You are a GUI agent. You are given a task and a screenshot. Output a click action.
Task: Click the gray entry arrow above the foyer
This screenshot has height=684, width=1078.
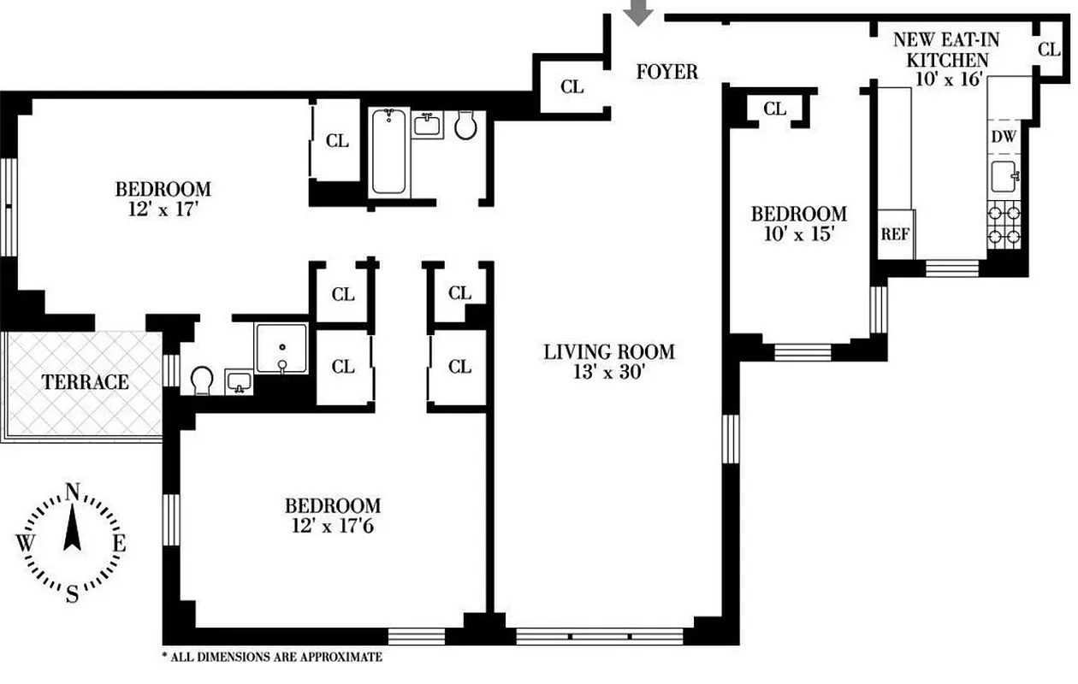(x=638, y=11)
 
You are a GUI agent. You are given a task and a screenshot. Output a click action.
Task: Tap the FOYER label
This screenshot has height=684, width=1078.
(x=666, y=72)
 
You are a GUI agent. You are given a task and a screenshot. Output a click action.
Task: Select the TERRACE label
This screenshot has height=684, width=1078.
(x=86, y=382)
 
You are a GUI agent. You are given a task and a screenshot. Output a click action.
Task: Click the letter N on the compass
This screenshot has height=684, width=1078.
(x=73, y=492)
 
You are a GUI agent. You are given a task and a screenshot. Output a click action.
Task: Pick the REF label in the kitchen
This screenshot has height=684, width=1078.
(x=895, y=234)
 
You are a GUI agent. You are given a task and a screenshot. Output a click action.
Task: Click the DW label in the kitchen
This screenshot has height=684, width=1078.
(x=1002, y=137)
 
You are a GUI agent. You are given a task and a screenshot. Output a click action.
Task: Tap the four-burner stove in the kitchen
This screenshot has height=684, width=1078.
(x=1004, y=225)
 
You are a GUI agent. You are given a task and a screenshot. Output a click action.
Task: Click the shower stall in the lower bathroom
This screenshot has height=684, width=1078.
(x=281, y=348)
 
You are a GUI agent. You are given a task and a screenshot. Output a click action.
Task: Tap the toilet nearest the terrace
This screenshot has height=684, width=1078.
(x=203, y=380)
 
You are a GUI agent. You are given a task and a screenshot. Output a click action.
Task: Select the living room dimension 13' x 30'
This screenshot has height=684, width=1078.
(x=608, y=372)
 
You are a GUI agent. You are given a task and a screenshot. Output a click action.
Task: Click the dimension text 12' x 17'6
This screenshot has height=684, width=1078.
(x=332, y=526)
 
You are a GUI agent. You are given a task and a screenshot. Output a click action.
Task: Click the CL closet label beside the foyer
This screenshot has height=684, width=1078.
(x=572, y=87)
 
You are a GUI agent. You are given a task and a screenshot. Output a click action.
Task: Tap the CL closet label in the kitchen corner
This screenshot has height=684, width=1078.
(x=1049, y=50)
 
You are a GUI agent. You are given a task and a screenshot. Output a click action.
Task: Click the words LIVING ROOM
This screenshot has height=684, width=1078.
(x=608, y=351)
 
